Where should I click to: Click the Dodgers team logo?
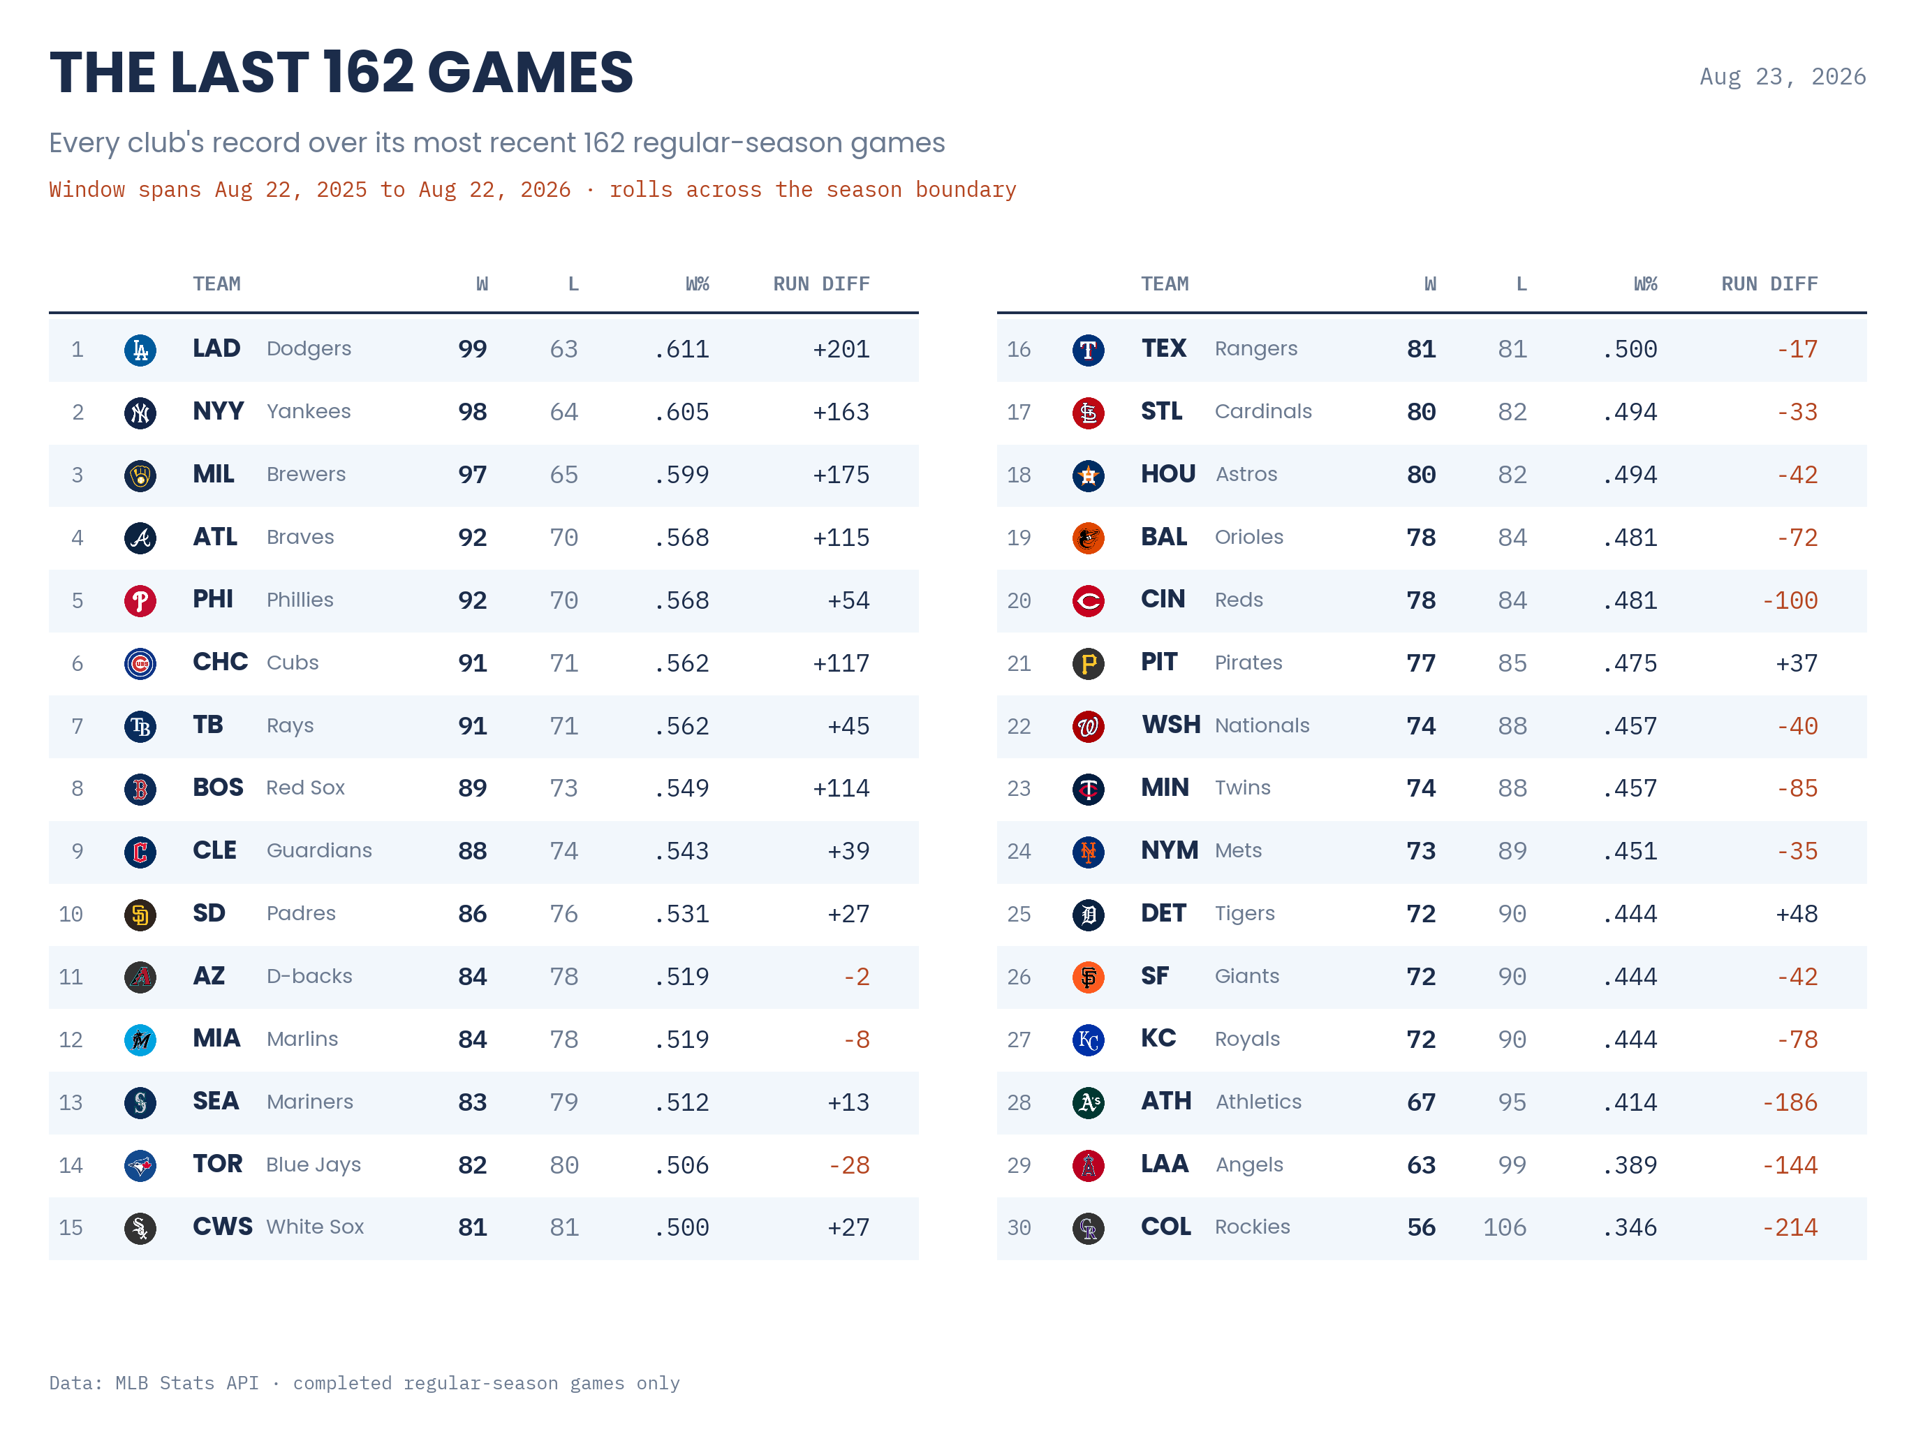(140, 350)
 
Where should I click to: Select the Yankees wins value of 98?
(472, 412)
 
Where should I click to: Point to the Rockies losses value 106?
(1505, 1227)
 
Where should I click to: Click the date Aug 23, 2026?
(1783, 77)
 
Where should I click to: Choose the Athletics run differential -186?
(1790, 1102)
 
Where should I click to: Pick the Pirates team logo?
(1088, 663)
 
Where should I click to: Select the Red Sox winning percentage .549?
(681, 788)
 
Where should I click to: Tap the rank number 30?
(1019, 1228)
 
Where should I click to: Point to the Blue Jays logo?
(140, 1166)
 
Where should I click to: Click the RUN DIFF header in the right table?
(1769, 284)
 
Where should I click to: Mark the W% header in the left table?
(698, 284)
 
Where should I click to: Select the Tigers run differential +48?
(1797, 914)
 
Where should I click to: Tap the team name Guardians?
(319, 850)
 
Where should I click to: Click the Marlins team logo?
(140, 1040)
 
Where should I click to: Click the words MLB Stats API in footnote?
(187, 1383)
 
